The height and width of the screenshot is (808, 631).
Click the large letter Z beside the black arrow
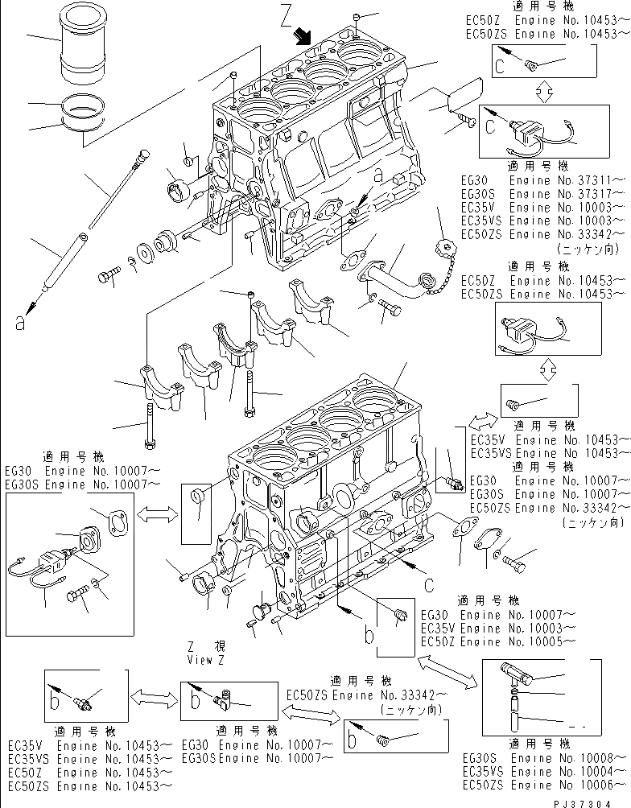tap(287, 16)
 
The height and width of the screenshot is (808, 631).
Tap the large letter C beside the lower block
tap(430, 584)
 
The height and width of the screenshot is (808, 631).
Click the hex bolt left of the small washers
tap(108, 278)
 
